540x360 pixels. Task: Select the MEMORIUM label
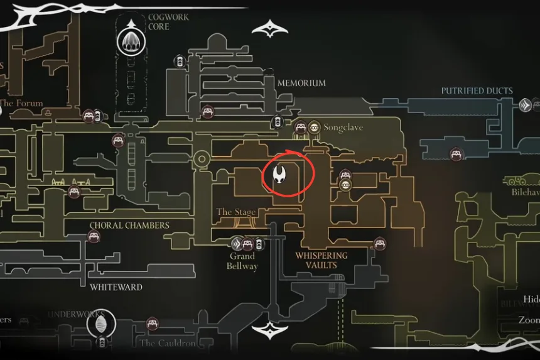coord(301,83)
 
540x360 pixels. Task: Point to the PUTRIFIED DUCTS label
coord(477,91)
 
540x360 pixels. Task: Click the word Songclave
coord(343,128)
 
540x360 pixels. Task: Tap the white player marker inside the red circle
coord(281,175)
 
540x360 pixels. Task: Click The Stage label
coord(236,212)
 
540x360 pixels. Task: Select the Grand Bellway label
coord(242,261)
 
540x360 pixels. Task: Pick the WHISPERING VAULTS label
coord(321,260)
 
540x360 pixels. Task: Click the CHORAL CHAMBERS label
coord(129,225)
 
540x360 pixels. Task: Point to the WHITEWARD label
coord(116,287)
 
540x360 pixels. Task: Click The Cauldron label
coord(168,343)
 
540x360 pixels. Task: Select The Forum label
coord(22,103)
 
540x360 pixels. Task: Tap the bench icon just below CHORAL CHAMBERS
coord(94,237)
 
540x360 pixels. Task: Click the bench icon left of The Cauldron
coord(152,324)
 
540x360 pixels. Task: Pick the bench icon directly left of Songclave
coord(300,128)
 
